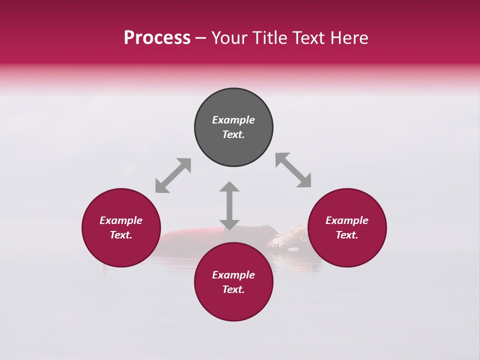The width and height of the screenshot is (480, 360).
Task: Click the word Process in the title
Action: coord(157,38)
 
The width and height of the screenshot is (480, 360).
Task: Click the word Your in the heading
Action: coord(230,38)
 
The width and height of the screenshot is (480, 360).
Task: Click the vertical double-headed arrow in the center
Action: coord(229,205)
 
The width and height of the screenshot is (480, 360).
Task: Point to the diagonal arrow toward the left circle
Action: coord(173,175)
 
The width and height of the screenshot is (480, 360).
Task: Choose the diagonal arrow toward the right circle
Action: coord(293,170)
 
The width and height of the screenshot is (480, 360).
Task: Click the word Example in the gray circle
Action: coord(233,120)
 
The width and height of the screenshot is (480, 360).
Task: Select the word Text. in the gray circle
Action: coord(233,134)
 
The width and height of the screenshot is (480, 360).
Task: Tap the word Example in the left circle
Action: coord(121,220)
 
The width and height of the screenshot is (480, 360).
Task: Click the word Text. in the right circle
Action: coord(347,235)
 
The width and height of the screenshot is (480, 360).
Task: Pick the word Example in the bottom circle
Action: coord(233,275)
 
